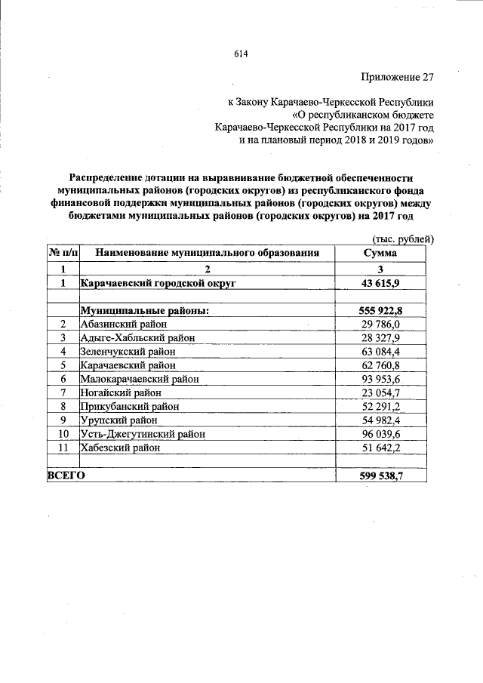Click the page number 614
pos(241,53)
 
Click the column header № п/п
pos(64,254)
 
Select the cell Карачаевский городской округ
pos(158,282)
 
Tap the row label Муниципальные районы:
pos(145,311)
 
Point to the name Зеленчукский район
pos(128,352)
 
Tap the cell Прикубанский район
pos(130,407)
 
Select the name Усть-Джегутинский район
pos(143,435)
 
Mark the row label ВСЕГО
pos(66,475)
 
